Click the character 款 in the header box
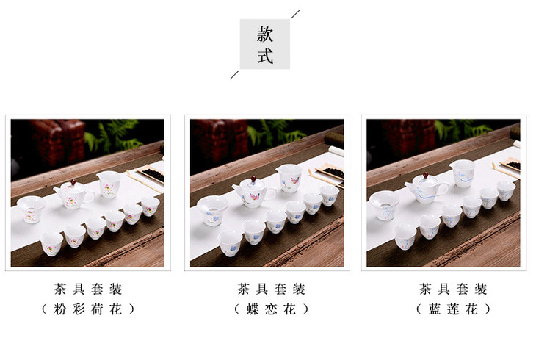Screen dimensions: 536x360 point(265,35)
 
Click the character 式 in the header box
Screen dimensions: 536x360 point(265,56)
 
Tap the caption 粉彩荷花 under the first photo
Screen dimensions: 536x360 point(88,309)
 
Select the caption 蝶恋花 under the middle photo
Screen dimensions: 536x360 point(271,309)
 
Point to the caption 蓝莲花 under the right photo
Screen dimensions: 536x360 point(453,309)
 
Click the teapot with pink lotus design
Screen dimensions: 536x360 point(73,195)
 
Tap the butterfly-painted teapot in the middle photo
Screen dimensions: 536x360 point(253,192)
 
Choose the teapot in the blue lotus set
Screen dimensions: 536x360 point(427,189)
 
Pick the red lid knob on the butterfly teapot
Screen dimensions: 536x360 point(253,179)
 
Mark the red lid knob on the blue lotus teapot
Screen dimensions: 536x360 point(426,176)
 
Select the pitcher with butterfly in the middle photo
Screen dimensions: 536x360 point(290,179)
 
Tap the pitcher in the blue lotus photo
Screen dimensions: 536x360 point(463,174)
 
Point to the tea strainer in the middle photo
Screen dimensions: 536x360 point(213,211)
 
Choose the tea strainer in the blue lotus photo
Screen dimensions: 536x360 point(385,205)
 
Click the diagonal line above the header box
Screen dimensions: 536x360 point(296,14)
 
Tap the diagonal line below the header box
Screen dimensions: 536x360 point(234,75)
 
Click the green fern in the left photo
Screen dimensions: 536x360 point(115,135)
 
